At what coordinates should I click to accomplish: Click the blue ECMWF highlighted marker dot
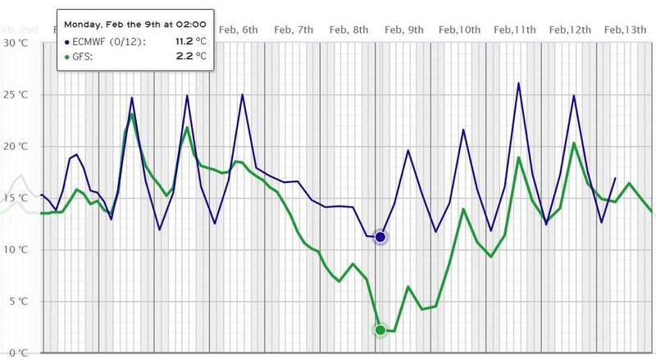[380, 237]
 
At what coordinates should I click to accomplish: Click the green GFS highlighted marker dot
[380, 330]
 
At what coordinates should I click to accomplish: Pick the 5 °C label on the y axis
[17, 302]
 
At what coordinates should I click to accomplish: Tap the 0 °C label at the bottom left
[17, 353]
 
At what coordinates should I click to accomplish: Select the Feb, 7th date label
[294, 30]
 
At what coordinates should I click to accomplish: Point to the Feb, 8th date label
[348, 30]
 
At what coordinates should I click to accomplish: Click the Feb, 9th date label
[404, 30]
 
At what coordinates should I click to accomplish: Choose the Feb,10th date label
[458, 30]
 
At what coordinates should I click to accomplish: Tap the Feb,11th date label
[514, 30]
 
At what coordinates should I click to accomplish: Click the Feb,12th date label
[569, 30]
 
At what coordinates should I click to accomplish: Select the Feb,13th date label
[624, 30]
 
